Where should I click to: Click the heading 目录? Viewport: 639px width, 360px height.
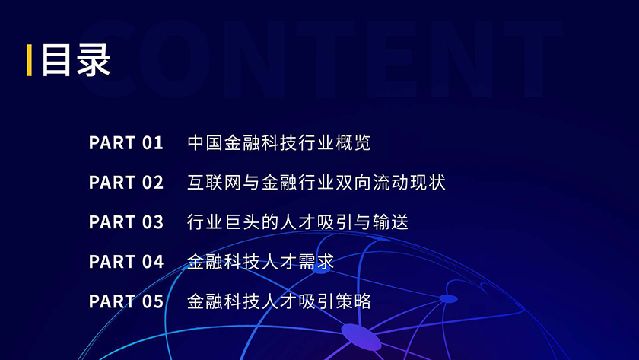[76, 60]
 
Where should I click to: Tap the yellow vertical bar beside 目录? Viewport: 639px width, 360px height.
[30, 60]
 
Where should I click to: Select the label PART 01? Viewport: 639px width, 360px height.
[126, 142]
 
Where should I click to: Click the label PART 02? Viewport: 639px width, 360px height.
[126, 182]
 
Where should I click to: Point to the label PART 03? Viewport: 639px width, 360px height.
[126, 221]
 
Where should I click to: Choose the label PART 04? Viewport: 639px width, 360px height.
[126, 261]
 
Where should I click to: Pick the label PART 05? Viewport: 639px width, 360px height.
[126, 301]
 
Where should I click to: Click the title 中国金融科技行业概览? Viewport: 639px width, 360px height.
[278, 142]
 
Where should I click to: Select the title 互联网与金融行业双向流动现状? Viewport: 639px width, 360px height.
[316, 182]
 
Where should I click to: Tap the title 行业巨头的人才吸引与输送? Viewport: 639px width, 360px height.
[297, 221]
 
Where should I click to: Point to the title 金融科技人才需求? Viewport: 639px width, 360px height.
[260, 261]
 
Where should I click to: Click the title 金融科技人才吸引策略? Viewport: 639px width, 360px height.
[278, 301]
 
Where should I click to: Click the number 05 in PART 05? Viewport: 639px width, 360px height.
[153, 301]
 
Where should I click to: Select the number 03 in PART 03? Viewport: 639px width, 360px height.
[153, 221]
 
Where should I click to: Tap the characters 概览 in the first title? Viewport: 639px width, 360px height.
[353, 142]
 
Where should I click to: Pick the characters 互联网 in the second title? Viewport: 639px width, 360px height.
[215, 182]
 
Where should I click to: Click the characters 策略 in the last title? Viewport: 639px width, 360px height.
[353, 301]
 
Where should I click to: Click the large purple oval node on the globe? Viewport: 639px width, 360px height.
[361, 336]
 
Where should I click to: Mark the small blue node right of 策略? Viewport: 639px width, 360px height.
[449, 299]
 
